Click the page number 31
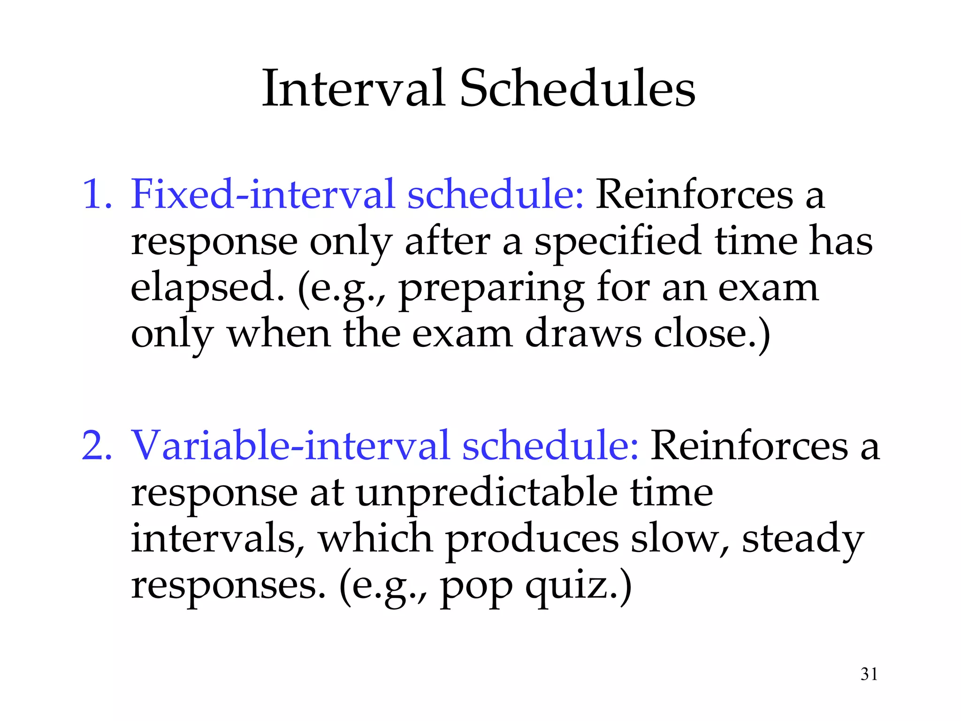click(x=869, y=674)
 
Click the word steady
click(x=802, y=540)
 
